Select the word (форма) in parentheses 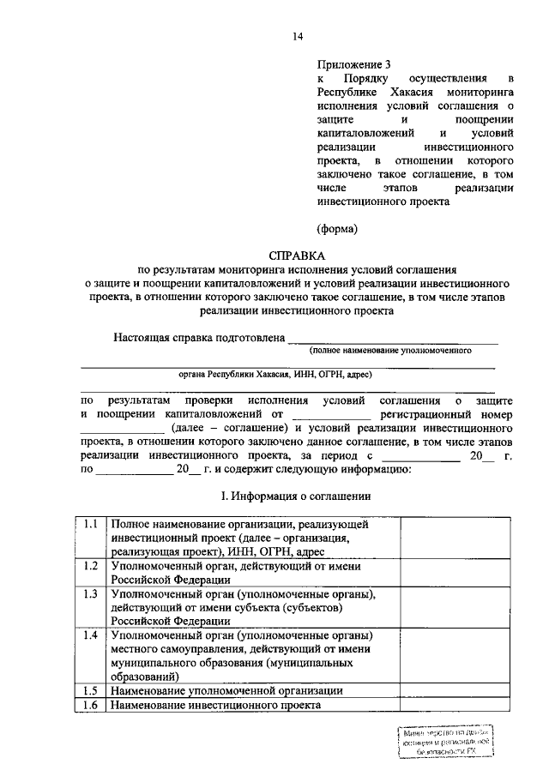[x=336, y=228]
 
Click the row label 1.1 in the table [x=91, y=523]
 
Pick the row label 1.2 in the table [x=91, y=566]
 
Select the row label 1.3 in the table [x=91, y=593]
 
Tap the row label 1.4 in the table [x=91, y=635]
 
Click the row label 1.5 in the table [x=91, y=690]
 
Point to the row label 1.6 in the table [x=91, y=705]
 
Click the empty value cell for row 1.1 [x=449, y=537]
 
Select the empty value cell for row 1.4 [x=449, y=656]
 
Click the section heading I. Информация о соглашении [x=297, y=496]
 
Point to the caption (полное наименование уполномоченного [x=392, y=351]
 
